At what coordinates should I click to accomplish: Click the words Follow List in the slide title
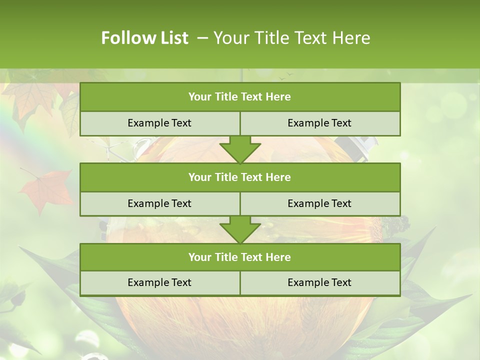144,38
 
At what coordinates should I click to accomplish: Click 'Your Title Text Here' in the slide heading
291,38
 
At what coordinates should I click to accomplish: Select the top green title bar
240,97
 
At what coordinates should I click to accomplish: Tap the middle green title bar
240,177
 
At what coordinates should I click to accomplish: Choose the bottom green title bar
240,257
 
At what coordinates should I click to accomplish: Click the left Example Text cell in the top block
159,123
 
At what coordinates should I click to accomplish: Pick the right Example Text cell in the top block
319,123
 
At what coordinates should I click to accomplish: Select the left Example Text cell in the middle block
159,204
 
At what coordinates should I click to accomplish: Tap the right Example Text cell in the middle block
319,204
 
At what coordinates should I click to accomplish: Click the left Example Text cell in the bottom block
159,283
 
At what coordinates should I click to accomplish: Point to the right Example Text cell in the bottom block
319,283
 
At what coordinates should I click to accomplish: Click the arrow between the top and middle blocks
240,149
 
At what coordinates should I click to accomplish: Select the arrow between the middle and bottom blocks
240,229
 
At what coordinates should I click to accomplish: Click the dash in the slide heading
202,38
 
